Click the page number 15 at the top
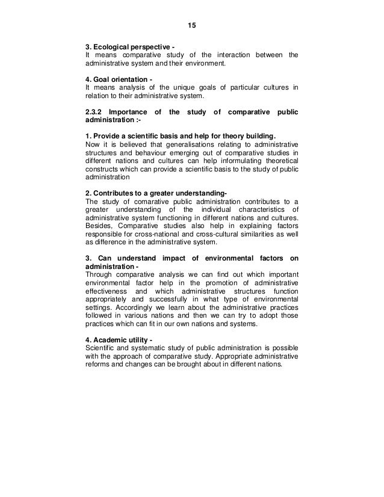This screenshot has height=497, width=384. (x=192, y=26)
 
